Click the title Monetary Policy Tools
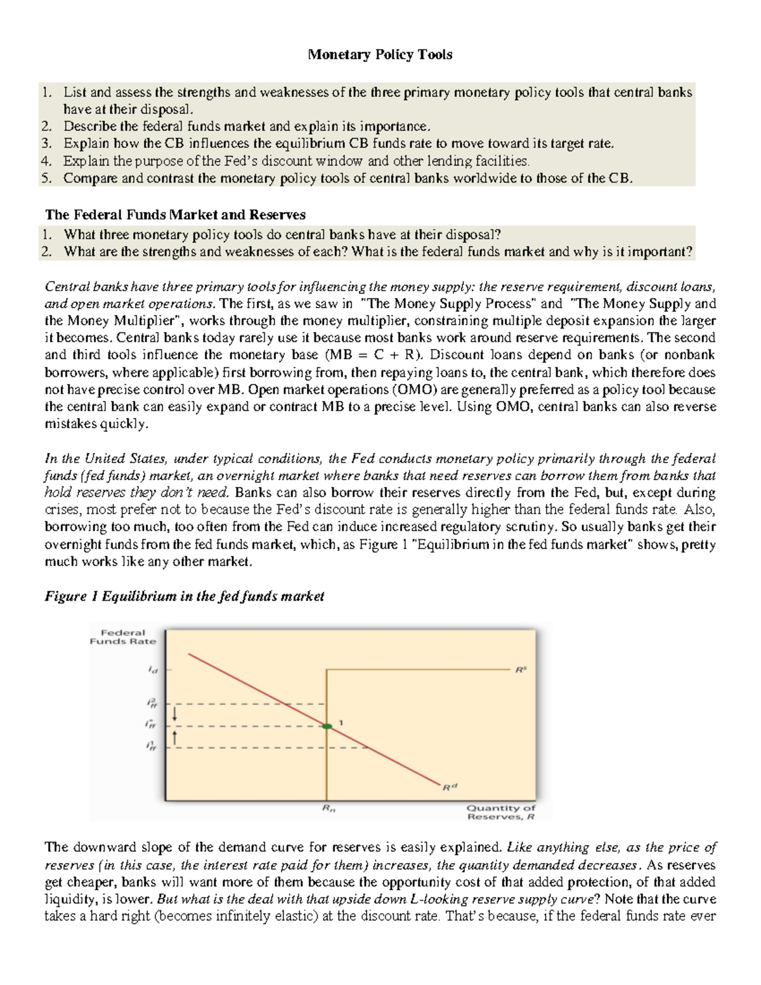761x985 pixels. coord(380,55)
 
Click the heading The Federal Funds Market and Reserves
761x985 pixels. coord(175,214)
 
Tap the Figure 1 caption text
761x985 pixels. coord(184,596)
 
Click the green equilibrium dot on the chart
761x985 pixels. coord(327,726)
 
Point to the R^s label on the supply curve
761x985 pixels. coord(521,669)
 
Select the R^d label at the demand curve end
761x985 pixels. coord(449,787)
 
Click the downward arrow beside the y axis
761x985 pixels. coord(176,715)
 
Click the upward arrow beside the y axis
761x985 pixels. coord(176,737)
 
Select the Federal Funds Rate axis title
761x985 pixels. coord(123,637)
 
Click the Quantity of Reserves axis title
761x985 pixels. coord(501,812)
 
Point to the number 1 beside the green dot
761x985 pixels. coord(341,722)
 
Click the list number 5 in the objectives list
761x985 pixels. coord(46,178)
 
